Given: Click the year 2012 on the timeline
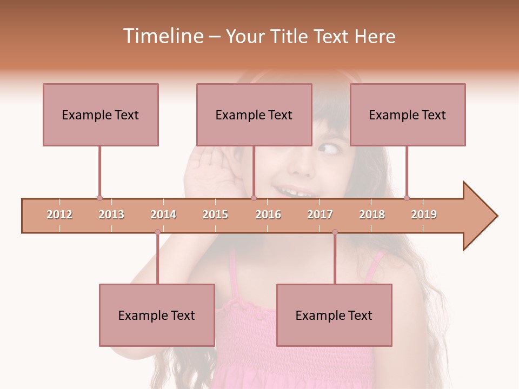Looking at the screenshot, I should pos(59,214).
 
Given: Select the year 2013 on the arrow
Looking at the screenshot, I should pos(111,214).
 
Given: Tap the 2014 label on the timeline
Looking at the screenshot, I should pos(163,214).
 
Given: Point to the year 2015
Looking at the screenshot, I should pos(215,214).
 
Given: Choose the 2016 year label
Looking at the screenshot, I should pos(268,214).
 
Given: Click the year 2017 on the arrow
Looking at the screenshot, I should pos(320,214).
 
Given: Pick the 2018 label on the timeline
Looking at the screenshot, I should pos(372,214).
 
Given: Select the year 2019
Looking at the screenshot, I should pos(424,214).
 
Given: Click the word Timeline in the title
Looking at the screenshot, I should pos(162,36).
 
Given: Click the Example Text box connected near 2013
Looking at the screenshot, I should pos(101,115).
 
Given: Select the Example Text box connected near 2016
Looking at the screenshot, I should pos(254,115).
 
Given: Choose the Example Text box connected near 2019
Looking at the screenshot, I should pos(408,115).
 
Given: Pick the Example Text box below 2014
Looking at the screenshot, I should pos(157,315).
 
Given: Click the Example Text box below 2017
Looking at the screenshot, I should pos(334,315).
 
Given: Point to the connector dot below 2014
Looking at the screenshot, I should pos(157,232).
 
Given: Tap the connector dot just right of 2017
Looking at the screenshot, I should pos(335,232).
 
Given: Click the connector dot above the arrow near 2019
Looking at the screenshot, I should pos(407,198).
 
